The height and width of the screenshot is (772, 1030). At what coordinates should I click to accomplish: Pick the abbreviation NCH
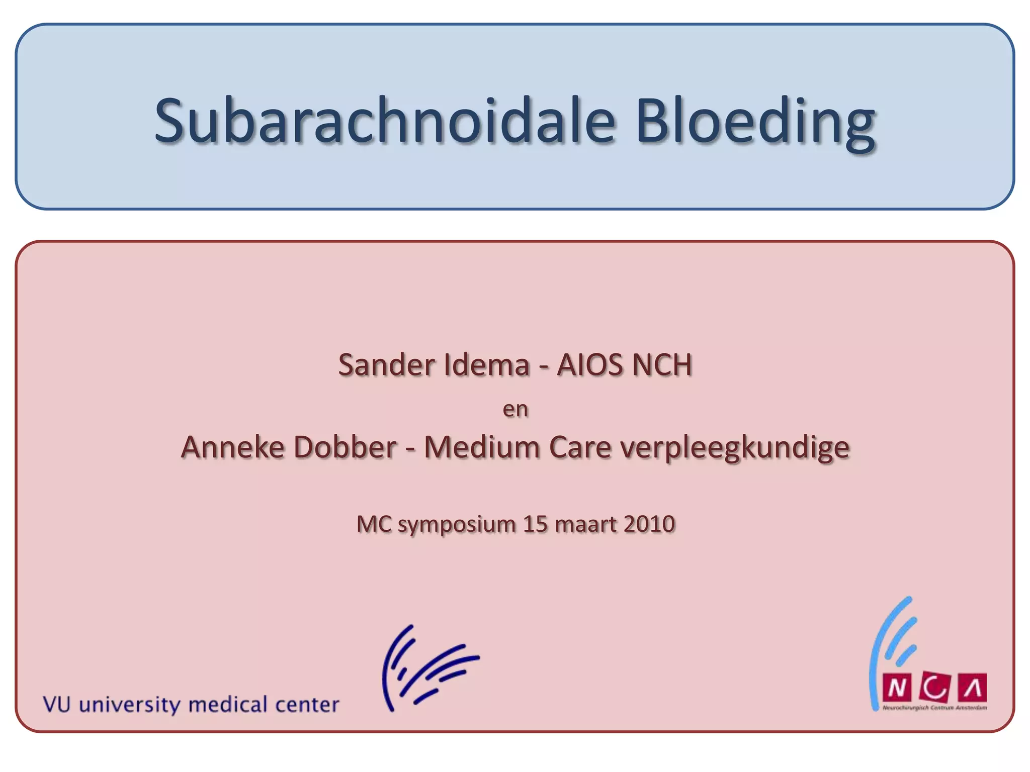pos(662,365)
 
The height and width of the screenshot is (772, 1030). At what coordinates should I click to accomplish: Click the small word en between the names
pos(516,409)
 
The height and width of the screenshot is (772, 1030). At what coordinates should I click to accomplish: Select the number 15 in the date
pos(535,524)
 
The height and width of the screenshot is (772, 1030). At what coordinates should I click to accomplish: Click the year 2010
pos(649,524)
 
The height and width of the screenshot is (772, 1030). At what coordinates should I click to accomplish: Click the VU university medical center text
pos(191,705)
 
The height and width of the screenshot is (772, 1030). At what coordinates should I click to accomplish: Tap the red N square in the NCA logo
pos(896,688)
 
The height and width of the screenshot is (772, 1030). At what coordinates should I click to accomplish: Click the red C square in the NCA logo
pos(935,688)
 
